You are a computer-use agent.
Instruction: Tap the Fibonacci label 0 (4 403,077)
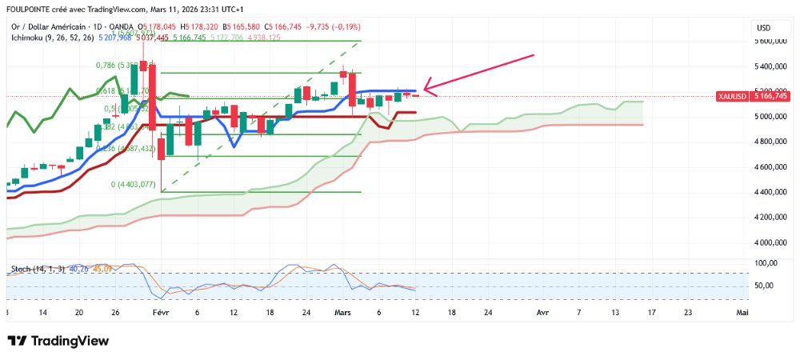[x=134, y=184]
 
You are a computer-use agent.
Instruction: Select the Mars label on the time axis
[x=343, y=314]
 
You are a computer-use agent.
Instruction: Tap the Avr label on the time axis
[x=543, y=314]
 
